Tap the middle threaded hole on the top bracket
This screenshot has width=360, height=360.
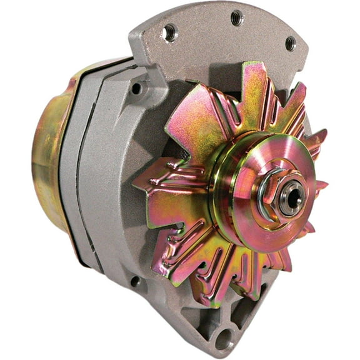(236, 18)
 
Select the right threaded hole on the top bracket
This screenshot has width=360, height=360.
(290, 43)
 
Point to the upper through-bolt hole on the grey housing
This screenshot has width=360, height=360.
(136, 88)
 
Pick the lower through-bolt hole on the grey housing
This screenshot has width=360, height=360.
(136, 282)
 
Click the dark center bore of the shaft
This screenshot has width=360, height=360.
(292, 202)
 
